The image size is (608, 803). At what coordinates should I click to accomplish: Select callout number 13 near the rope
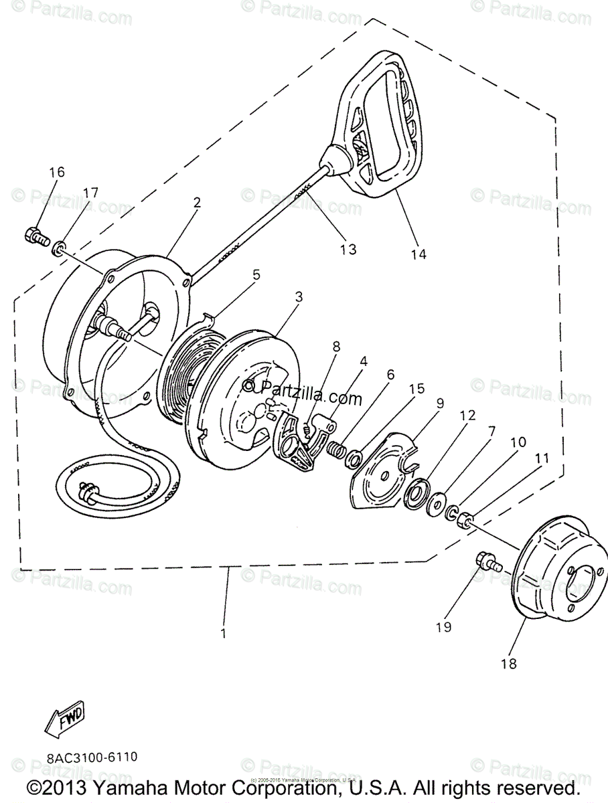point(348,249)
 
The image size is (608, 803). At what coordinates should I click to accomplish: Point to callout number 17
point(90,193)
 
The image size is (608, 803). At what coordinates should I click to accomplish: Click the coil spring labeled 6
point(335,450)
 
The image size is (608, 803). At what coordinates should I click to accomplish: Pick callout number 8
point(335,346)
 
